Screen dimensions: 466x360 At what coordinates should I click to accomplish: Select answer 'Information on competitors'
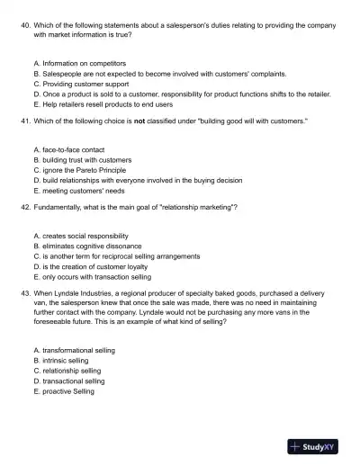[82, 64]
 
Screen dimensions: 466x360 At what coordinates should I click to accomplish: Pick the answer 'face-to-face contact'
[72, 150]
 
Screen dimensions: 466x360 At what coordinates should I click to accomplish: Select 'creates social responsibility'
[85, 237]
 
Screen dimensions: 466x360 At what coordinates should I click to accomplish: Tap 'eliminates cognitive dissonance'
[89, 246]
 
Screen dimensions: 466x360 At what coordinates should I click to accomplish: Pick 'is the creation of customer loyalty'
[94, 266]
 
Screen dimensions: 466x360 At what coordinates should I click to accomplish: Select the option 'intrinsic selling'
[65, 361]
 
